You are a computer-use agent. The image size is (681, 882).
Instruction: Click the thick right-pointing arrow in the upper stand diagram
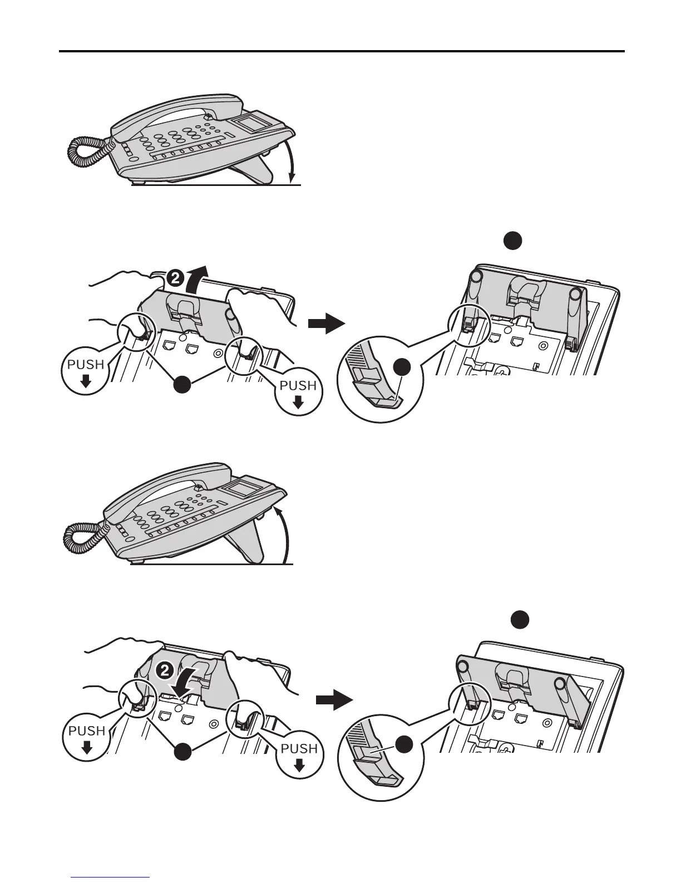(325, 323)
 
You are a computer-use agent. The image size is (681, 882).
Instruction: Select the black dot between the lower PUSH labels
(184, 753)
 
